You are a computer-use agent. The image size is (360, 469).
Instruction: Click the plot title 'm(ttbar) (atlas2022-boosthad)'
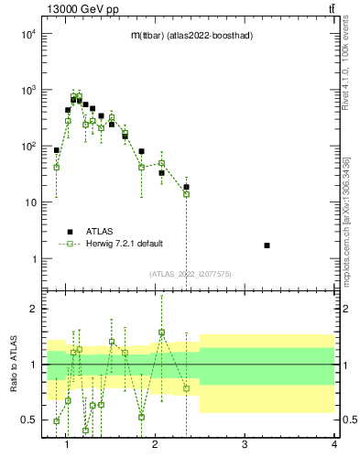click(x=191, y=35)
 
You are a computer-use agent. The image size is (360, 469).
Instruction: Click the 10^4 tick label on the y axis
click(x=27, y=34)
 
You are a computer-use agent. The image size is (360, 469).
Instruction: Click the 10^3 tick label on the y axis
click(x=27, y=91)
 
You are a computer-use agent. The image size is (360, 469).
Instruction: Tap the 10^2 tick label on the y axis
click(x=27, y=147)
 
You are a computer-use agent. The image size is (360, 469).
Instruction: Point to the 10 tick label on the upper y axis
click(x=30, y=202)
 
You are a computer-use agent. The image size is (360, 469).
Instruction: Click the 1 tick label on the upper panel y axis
click(x=34, y=259)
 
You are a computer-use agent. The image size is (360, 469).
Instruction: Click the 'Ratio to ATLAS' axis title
click(x=13, y=364)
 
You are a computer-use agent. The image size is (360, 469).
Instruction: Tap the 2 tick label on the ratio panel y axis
click(x=33, y=309)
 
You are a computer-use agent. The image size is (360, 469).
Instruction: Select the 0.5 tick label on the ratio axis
click(x=29, y=420)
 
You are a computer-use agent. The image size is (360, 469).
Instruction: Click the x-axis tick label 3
click(x=245, y=446)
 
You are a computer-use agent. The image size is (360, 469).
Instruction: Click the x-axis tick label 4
click(x=333, y=446)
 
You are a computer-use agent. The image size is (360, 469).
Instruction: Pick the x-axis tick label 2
click(x=155, y=446)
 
